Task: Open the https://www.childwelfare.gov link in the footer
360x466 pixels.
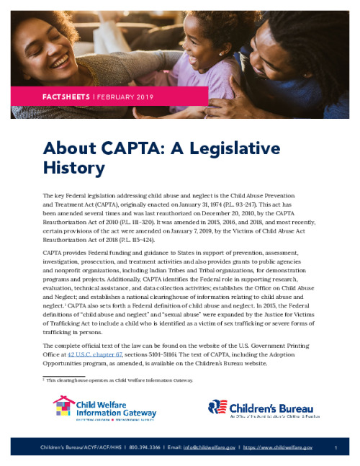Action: click(x=276, y=447)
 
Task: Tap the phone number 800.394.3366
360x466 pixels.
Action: click(x=147, y=447)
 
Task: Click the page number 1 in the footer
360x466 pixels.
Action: click(x=336, y=447)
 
